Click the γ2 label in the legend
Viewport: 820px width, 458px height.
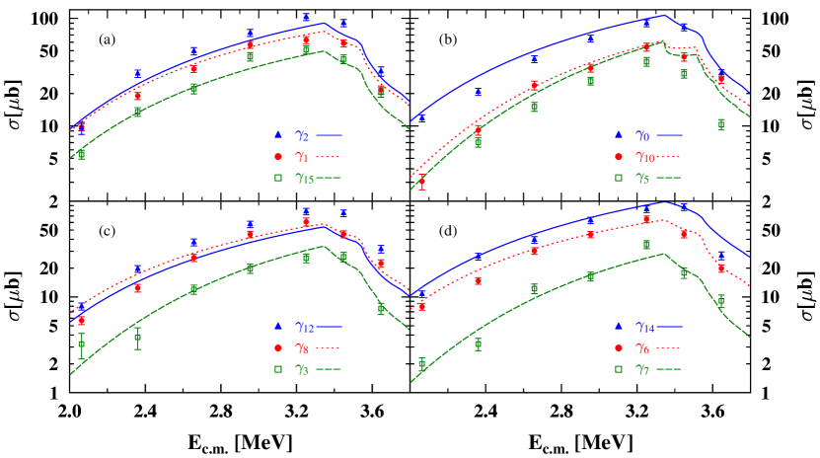[303, 134]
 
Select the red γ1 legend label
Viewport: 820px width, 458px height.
[302, 156]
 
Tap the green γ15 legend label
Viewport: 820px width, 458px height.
[304, 179]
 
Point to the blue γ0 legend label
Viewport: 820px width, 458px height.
[642, 134]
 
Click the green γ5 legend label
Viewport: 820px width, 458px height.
[642, 179]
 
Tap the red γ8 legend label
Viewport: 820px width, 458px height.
[302, 347]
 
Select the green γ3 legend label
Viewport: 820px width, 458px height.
[302, 369]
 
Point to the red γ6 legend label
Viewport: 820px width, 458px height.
[642, 347]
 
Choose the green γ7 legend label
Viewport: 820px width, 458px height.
[642, 369]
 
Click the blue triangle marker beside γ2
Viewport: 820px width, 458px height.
[278, 134]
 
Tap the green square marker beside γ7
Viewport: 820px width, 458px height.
[619, 369]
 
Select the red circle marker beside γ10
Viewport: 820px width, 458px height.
[619, 156]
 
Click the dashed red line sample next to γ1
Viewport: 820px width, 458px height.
[328, 156]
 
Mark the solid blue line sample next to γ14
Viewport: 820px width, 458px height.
[668, 326]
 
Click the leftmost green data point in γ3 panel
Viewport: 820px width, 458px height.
[81, 343]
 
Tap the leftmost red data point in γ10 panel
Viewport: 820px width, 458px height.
[422, 182]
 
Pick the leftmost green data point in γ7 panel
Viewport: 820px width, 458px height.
[422, 363]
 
